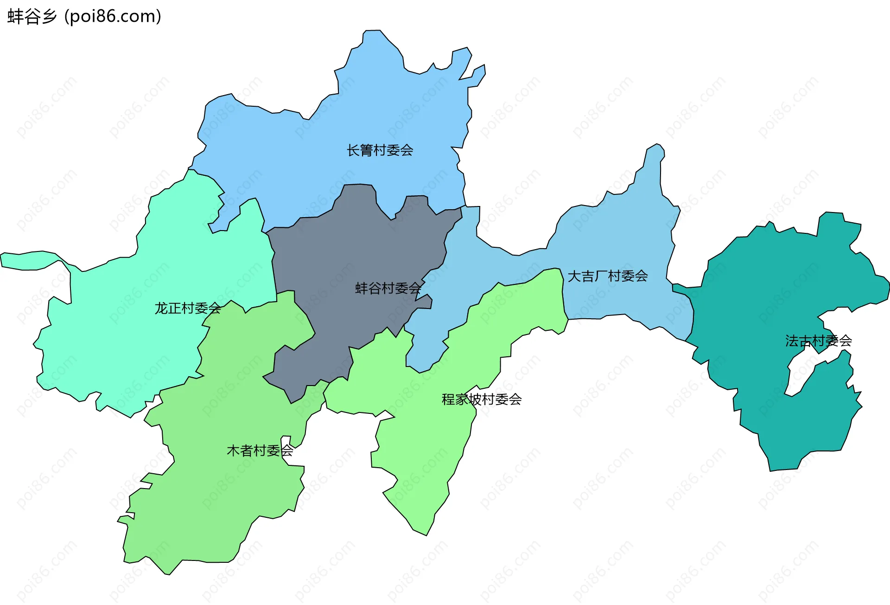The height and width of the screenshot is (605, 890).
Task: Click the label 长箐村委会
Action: [380, 150]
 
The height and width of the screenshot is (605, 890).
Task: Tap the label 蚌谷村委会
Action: [388, 288]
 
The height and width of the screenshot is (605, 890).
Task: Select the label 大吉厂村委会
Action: [607, 276]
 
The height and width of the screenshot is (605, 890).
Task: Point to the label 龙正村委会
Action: [188, 308]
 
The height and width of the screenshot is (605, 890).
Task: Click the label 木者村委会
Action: [260, 450]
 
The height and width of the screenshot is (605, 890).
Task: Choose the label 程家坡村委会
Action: [482, 399]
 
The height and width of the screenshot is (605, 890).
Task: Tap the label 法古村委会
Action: [818, 341]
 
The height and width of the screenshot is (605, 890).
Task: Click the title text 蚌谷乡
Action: [32, 16]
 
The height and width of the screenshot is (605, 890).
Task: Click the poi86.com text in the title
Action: [113, 16]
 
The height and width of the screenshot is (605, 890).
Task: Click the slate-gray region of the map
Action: [352, 260]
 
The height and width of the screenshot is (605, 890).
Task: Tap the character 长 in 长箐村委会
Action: [353, 150]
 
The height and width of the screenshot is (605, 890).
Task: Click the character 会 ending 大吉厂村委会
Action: [642, 276]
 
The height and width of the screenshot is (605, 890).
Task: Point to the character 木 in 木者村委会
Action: [233, 450]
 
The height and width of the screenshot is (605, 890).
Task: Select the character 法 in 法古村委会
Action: [792, 341]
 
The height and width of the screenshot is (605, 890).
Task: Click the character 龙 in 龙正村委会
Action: [161, 308]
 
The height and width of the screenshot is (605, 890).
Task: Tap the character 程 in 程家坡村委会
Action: [448, 399]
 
